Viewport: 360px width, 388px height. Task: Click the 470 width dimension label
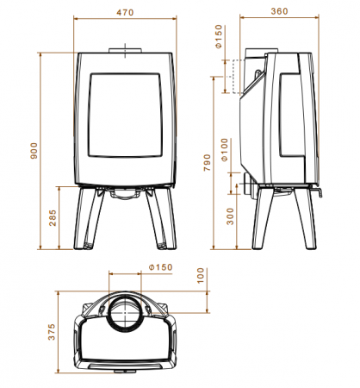tap(125, 13)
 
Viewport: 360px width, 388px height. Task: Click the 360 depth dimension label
tap(279, 11)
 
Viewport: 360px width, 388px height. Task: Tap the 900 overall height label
tap(34, 151)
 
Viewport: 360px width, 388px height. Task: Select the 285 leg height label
tap(53, 218)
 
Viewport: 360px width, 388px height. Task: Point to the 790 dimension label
tap(207, 163)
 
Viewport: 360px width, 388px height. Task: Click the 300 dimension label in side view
tap(230, 216)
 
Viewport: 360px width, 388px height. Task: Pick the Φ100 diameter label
tap(225, 149)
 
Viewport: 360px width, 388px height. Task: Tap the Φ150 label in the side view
tap(219, 36)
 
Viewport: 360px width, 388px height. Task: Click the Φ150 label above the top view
tap(161, 267)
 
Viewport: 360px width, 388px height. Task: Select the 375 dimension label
tap(52, 332)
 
